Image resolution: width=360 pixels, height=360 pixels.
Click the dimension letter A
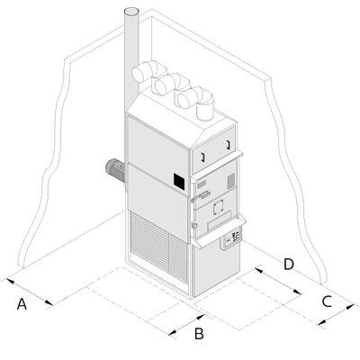pyautogui.click(x=22, y=304)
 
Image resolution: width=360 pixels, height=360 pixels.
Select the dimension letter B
pyautogui.click(x=199, y=334)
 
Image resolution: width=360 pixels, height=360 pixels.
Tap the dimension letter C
pyautogui.click(x=327, y=301)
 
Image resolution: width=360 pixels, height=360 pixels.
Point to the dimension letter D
pyautogui.click(x=289, y=265)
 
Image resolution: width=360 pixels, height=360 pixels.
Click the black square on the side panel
pyautogui.click(x=179, y=181)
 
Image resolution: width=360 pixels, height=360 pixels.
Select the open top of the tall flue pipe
pyautogui.click(x=131, y=12)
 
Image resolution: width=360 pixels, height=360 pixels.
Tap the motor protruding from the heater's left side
pyautogui.click(x=115, y=170)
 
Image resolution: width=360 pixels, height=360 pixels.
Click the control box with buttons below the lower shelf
pyautogui.click(x=230, y=238)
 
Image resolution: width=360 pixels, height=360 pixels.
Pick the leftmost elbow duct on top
pyautogui.click(x=148, y=71)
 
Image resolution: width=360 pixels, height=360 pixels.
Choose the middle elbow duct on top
pyautogui.click(x=171, y=84)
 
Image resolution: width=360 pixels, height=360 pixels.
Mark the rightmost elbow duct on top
pyautogui.click(x=196, y=102)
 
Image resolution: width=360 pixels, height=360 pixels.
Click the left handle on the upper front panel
pyautogui.click(x=202, y=157)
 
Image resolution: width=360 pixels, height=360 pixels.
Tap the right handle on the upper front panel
pyautogui.click(x=228, y=144)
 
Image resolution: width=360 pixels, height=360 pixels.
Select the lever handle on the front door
pyautogui.click(x=199, y=196)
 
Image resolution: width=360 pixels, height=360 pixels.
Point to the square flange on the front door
pyautogui.click(x=219, y=207)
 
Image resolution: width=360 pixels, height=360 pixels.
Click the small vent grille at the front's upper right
pyautogui.click(x=230, y=181)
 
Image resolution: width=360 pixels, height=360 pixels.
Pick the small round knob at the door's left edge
pyautogui.click(x=194, y=225)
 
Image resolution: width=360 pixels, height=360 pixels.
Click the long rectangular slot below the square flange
pyautogui.click(x=220, y=220)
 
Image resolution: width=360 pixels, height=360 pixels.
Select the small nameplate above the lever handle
pyautogui.click(x=202, y=184)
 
